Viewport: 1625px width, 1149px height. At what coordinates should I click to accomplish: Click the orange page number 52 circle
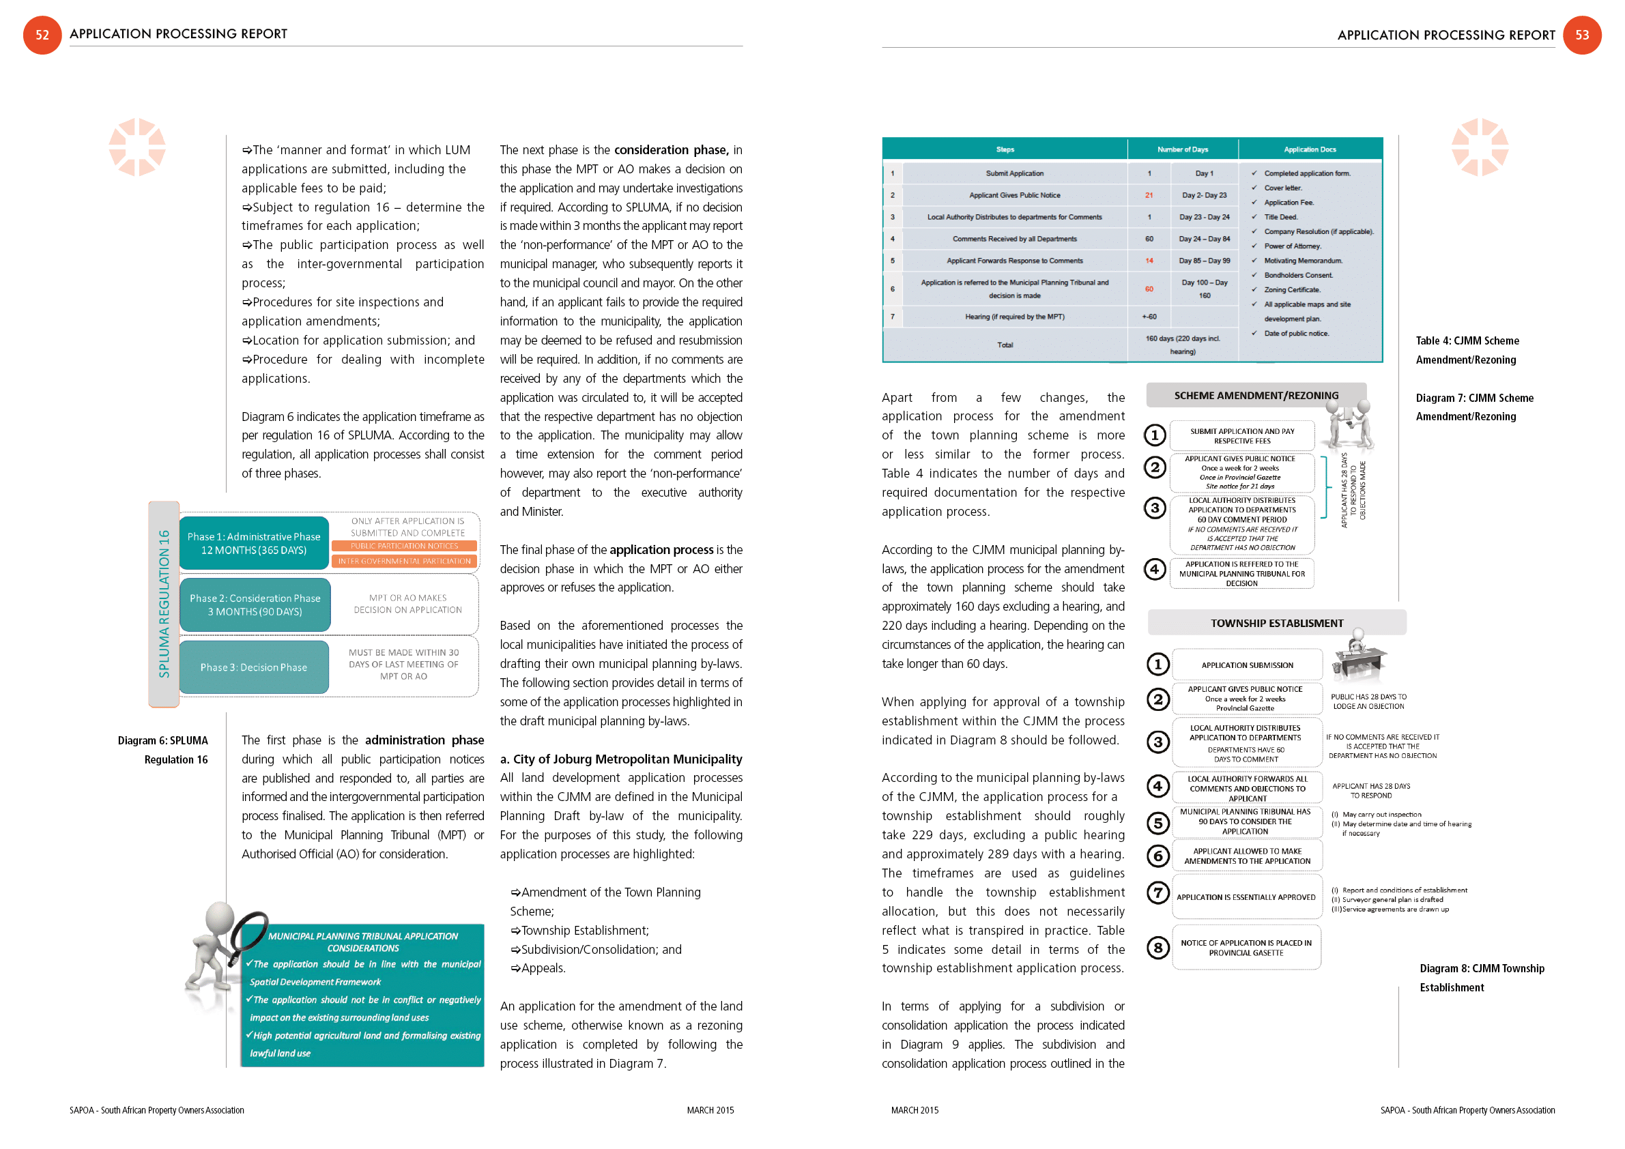pos(42,35)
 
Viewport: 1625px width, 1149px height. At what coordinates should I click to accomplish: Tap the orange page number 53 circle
pos(1582,35)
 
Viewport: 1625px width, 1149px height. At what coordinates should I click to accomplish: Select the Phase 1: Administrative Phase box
pos(254,543)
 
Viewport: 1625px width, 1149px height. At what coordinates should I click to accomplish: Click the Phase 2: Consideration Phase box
pos(255,605)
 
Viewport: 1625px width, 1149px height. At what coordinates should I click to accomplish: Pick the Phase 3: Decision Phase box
pos(253,667)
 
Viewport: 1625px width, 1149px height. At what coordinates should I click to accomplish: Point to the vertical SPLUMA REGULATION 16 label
pos(164,604)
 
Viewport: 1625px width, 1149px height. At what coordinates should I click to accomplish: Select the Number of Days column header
pos(1182,149)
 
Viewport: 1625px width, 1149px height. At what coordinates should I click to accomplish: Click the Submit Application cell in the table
pos(1014,173)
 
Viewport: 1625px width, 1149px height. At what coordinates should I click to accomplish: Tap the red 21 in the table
pos(1149,195)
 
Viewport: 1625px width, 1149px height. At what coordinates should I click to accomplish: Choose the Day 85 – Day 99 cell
pos(1204,261)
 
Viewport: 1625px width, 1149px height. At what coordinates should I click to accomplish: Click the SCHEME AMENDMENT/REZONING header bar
pos(1256,396)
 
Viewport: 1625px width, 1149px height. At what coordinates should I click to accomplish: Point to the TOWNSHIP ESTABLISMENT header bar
pos(1276,624)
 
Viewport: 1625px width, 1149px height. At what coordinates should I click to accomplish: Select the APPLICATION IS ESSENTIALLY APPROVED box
pos(1246,897)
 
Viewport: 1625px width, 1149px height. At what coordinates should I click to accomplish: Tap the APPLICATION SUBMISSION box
pos(1246,665)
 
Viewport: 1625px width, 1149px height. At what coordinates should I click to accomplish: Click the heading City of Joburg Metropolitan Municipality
pos(620,759)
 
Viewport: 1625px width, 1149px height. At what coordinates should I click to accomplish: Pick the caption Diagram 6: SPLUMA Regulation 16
pos(164,750)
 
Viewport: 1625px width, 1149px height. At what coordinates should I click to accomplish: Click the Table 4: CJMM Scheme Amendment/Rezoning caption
pos(1467,350)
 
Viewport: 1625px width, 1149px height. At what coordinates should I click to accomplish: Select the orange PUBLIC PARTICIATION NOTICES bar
pos(404,547)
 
